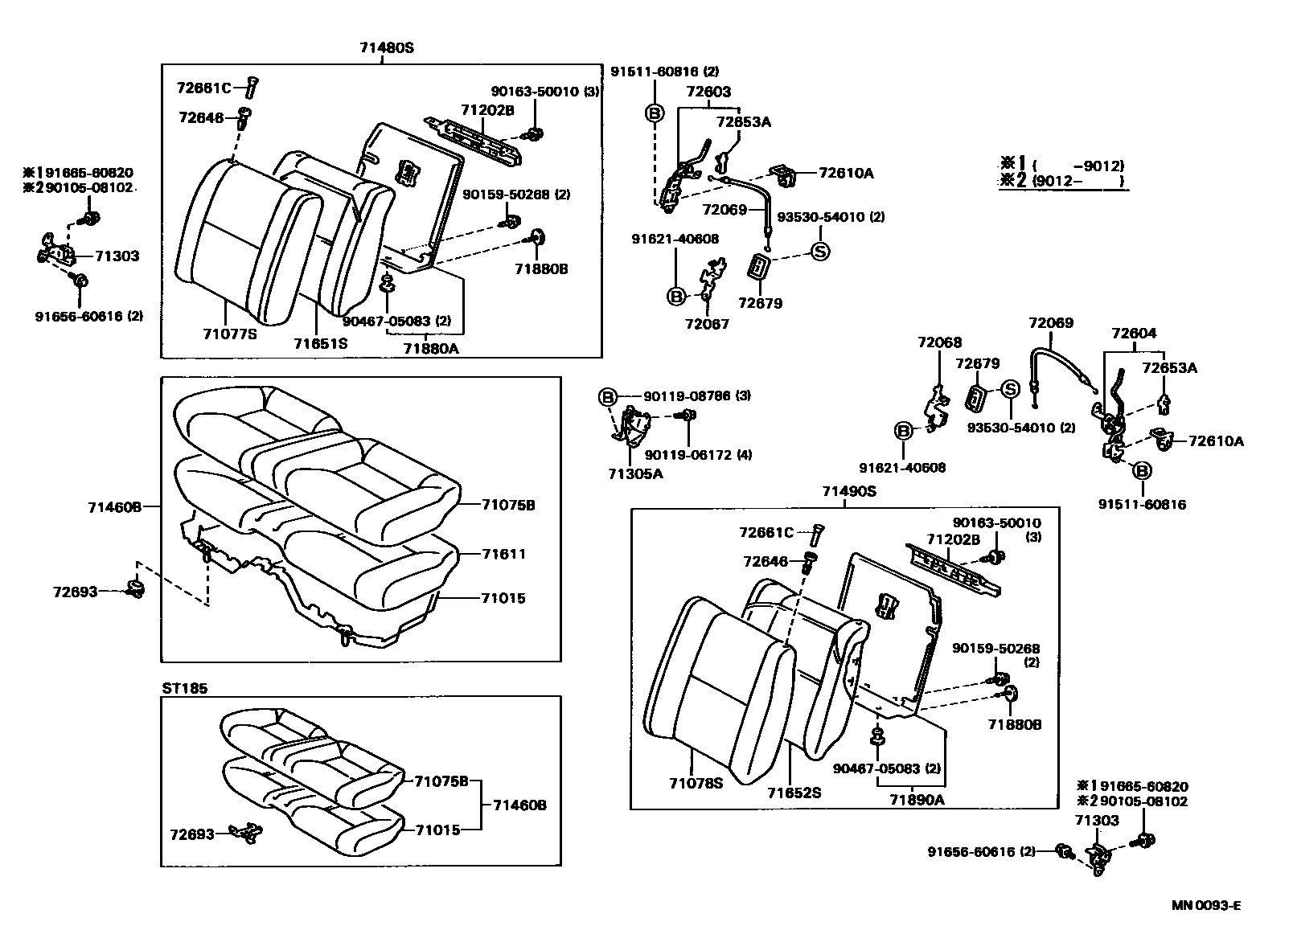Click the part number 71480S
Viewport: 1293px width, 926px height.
click(386, 47)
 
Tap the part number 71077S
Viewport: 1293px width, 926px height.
click(230, 334)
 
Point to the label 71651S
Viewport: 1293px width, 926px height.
click(320, 343)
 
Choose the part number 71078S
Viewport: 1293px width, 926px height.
click(694, 781)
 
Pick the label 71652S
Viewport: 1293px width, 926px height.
click(794, 792)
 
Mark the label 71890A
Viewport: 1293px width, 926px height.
click(917, 799)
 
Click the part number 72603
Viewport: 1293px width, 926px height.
click(708, 92)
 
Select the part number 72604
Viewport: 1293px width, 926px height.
click(1134, 333)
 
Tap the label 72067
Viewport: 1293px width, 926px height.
click(707, 324)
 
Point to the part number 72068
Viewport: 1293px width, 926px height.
click(939, 342)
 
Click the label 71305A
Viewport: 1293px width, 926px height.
click(635, 473)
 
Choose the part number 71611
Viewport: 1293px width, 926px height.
click(503, 554)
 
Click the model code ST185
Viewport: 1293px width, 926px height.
click(185, 688)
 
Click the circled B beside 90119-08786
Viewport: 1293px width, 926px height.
click(608, 396)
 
